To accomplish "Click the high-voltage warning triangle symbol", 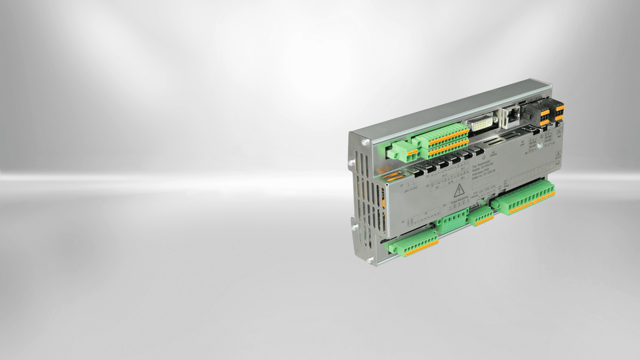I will point(459,191).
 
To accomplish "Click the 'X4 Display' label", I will point(493,153).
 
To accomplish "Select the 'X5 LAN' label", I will point(522,143).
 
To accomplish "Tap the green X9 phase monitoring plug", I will point(452,220).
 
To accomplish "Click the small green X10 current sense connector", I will point(481,216).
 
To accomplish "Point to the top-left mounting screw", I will point(365,143).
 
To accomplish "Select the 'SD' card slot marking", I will point(559,132).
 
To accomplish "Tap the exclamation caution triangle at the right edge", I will point(558,155).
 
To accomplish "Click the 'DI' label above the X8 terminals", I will point(426,214).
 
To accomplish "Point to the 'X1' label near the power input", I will point(402,185).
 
